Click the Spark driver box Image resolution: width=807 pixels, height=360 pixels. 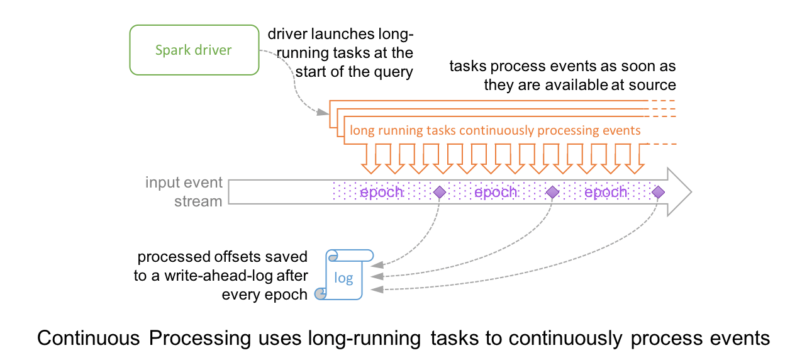pyautogui.click(x=194, y=50)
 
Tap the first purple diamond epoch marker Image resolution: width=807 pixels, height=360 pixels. pyautogui.click(x=439, y=191)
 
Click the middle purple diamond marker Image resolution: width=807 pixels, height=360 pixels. pyautogui.click(x=552, y=191)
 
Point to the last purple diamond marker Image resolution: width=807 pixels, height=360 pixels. pyautogui.click(x=658, y=191)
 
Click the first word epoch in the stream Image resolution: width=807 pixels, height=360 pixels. pyautogui.click(x=382, y=191)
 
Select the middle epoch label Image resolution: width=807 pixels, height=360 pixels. pyautogui.click(x=496, y=191)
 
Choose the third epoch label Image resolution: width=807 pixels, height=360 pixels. pyautogui.click(x=606, y=191)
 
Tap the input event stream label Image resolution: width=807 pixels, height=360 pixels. pyautogui.click(x=184, y=192)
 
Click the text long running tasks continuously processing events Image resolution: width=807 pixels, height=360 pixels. pyautogui.click(x=495, y=131)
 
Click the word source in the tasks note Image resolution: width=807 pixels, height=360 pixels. pyautogui.click(x=654, y=85)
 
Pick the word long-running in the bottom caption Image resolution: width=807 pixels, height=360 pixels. pyautogui.click(x=364, y=338)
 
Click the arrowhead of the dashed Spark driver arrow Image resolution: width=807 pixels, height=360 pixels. pyautogui.click(x=324, y=113)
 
